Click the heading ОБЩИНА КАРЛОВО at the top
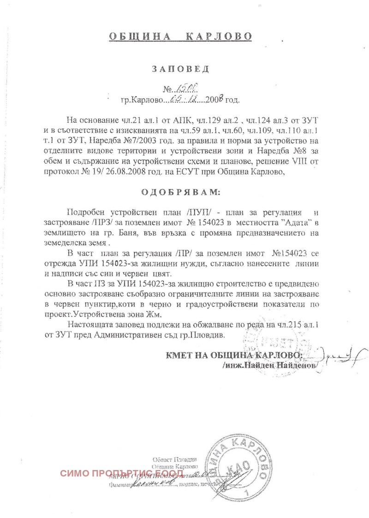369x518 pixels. (181, 36)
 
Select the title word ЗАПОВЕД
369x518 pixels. (181, 69)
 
